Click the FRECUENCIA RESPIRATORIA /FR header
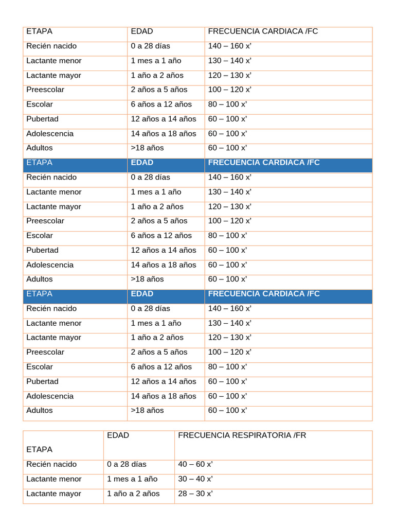(x=242, y=435)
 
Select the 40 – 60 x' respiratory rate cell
(x=195, y=464)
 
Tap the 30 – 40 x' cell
(x=195, y=479)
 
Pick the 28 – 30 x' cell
(x=195, y=494)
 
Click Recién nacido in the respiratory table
(x=51, y=464)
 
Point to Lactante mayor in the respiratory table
(x=54, y=494)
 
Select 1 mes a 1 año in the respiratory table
(x=132, y=479)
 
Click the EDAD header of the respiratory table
(x=118, y=435)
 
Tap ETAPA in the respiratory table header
(x=39, y=449)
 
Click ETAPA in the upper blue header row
(x=39, y=163)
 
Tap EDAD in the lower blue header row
(x=142, y=294)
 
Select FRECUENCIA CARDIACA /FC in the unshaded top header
(x=263, y=31)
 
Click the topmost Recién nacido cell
(x=51, y=46)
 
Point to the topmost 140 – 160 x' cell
(x=230, y=46)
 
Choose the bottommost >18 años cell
(x=147, y=410)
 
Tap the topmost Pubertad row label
(x=43, y=119)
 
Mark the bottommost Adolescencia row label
(x=50, y=396)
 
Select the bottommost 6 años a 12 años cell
(x=161, y=367)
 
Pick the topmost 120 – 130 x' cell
(x=230, y=75)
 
